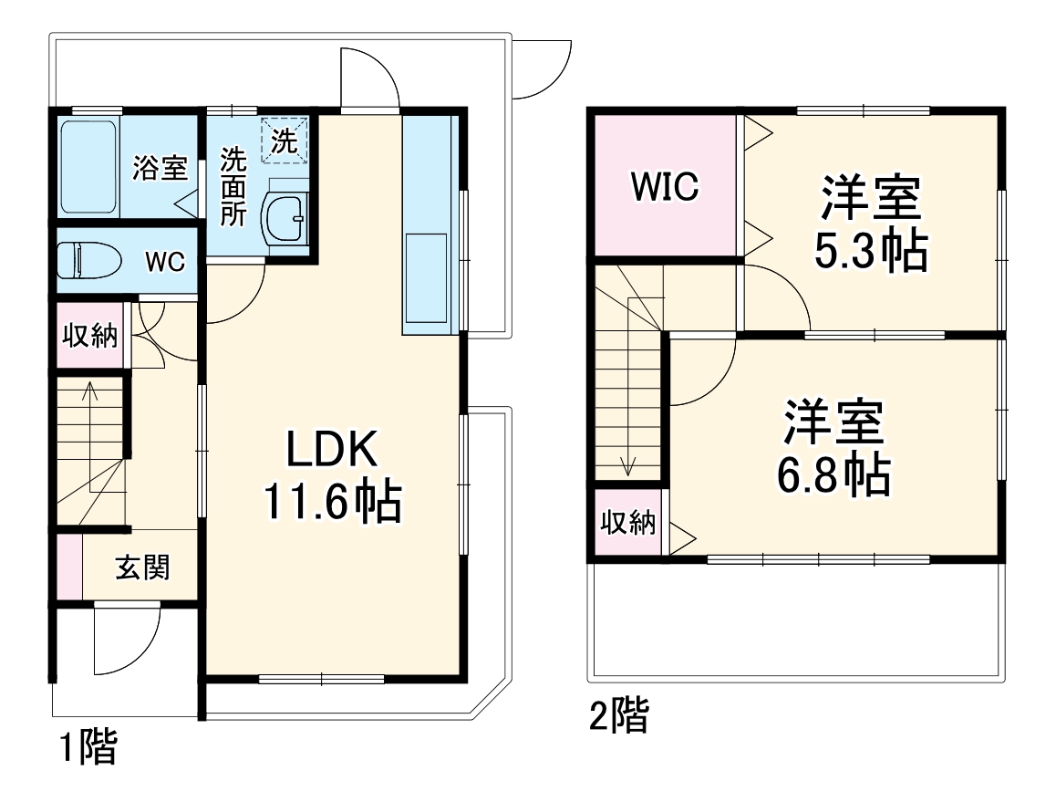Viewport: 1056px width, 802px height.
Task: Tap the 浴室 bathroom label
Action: (160, 169)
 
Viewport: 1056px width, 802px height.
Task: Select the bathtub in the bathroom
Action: (88, 166)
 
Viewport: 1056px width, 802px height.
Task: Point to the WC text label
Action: (165, 262)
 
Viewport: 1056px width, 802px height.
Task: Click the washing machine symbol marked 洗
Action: (285, 141)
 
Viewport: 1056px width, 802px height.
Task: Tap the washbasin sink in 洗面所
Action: (285, 219)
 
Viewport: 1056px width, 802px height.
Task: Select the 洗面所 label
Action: (233, 187)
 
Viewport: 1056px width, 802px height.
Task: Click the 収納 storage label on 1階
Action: (89, 336)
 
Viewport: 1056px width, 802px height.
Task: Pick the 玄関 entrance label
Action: (141, 568)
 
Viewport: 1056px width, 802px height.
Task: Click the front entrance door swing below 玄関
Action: (126, 639)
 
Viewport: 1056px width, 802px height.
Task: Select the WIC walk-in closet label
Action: (665, 186)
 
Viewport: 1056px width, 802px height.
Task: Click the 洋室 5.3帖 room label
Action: (870, 224)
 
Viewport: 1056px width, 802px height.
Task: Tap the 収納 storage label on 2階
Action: (627, 523)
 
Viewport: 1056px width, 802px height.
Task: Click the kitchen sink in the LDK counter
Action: (426, 277)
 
